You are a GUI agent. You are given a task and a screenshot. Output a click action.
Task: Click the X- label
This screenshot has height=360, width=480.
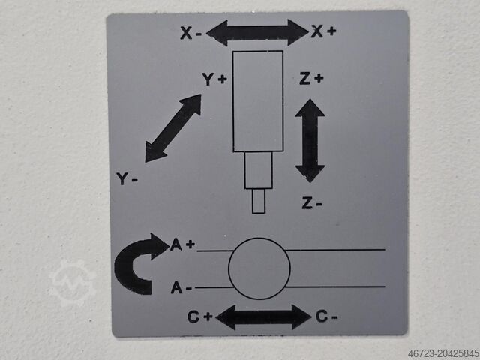pyautogui.click(x=190, y=33)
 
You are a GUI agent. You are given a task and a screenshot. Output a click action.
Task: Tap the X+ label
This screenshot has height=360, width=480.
pyautogui.click(x=323, y=31)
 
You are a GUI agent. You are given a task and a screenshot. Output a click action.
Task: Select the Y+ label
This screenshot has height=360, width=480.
pyautogui.click(x=214, y=79)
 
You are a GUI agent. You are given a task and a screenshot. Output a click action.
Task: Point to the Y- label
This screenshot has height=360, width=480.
pyautogui.click(x=127, y=178)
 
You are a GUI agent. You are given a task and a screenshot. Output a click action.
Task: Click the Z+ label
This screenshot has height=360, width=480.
pyautogui.click(x=311, y=78)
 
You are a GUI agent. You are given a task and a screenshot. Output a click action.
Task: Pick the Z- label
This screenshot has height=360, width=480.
pyautogui.click(x=312, y=203)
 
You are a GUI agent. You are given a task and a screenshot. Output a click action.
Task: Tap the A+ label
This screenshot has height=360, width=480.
pyautogui.click(x=182, y=244)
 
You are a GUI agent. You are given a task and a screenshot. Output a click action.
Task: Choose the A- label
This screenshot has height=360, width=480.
pyautogui.click(x=181, y=288)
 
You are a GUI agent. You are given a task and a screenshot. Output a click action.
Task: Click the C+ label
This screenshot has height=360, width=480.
pyautogui.click(x=200, y=316)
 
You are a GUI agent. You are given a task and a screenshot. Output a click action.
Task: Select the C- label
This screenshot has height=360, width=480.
pyautogui.click(x=327, y=316)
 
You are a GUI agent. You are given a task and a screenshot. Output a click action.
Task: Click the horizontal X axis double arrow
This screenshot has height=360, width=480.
pyautogui.click(x=257, y=33)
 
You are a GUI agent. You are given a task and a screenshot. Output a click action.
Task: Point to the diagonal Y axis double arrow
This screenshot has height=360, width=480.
pyautogui.click(x=173, y=128)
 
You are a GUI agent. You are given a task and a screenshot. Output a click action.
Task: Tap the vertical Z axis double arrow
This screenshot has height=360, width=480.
pyautogui.click(x=310, y=141)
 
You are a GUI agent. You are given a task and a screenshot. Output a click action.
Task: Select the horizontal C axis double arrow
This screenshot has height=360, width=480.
pyautogui.click(x=263, y=316)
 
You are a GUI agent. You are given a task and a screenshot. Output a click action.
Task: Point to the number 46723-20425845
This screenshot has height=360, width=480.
pyautogui.click(x=443, y=353)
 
